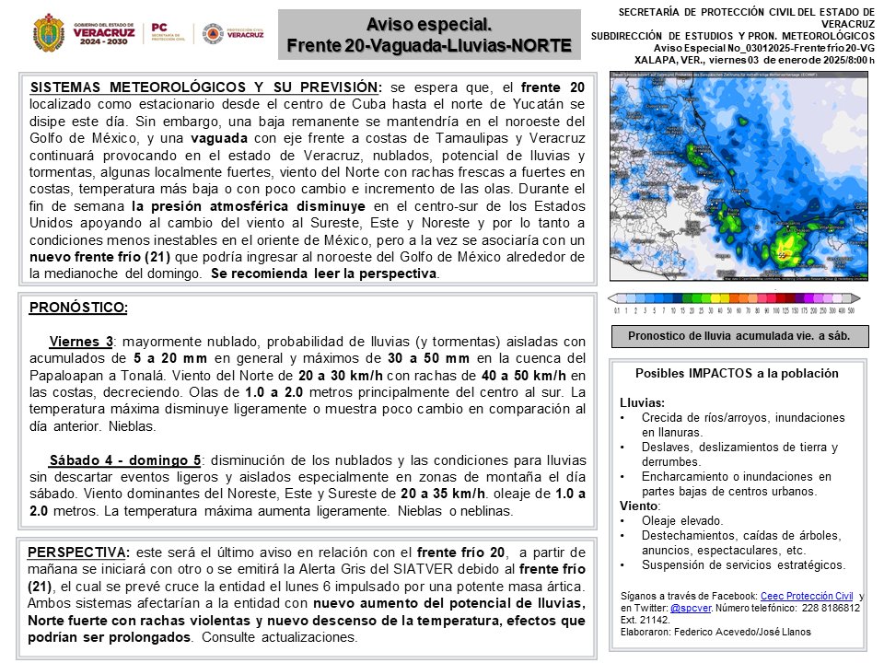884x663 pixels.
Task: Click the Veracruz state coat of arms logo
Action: (x=48, y=32)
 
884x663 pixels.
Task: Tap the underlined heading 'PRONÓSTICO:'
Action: (x=79, y=307)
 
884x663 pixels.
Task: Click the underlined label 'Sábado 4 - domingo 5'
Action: (x=125, y=459)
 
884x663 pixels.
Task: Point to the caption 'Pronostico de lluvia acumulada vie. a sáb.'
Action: (x=739, y=336)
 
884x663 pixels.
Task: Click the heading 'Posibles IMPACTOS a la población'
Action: (x=737, y=374)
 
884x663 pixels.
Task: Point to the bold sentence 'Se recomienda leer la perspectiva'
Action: (x=324, y=274)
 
